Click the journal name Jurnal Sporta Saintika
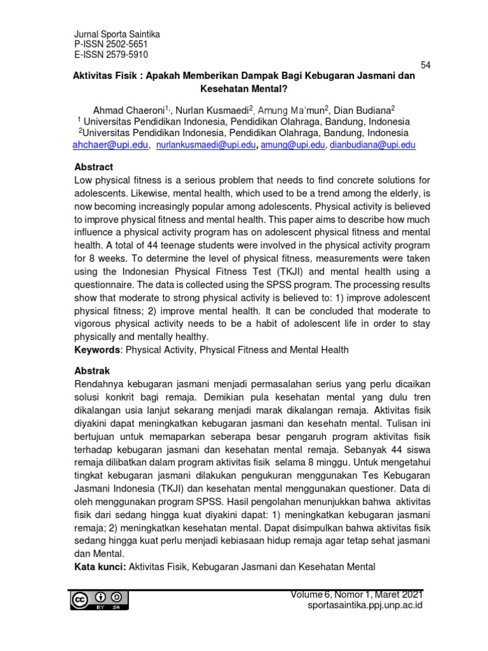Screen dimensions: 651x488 pyautogui.click(x=118, y=34)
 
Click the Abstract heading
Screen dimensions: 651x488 pyautogui.click(x=94, y=167)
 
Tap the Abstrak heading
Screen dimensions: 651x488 pyautogui.click(x=93, y=371)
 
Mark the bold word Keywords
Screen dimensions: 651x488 pyautogui.click(x=97, y=350)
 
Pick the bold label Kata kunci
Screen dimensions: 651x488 pyautogui.click(x=100, y=566)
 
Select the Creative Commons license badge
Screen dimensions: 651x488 pyautogui.click(x=100, y=599)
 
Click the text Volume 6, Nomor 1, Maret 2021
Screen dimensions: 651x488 pyautogui.click(x=356, y=594)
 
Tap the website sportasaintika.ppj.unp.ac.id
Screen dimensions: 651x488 pyautogui.click(x=364, y=605)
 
